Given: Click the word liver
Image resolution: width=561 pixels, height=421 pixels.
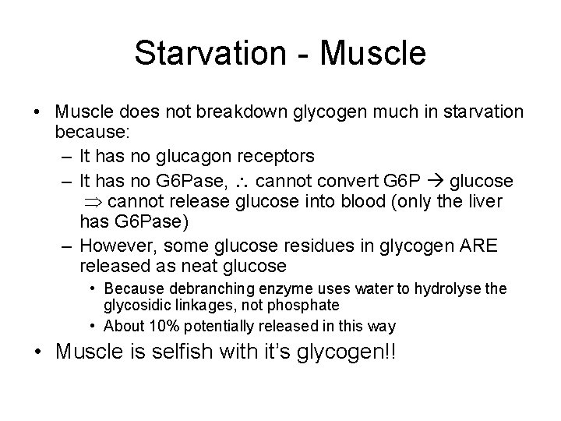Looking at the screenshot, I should [x=485, y=201].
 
